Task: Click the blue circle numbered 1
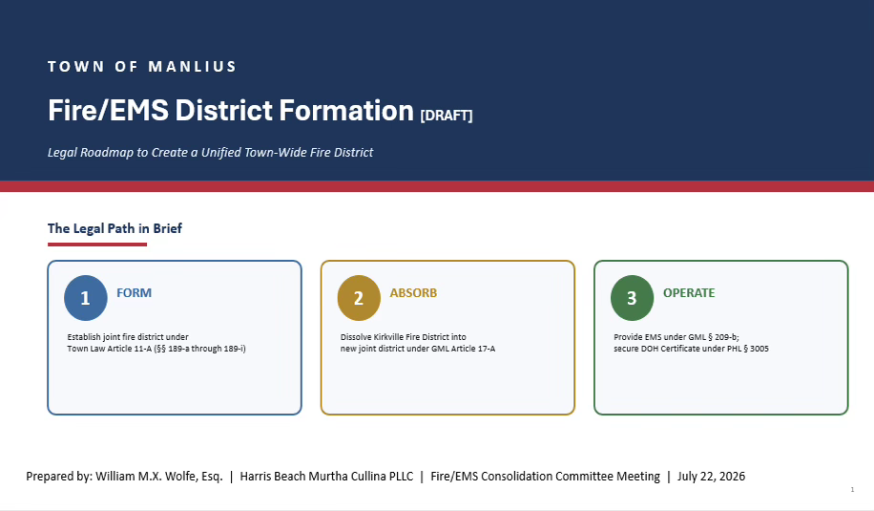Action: [x=85, y=298]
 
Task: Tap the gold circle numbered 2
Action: [x=359, y=298]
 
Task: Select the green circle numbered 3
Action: [x=632, y=298]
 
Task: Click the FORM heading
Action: [x=134, y=293]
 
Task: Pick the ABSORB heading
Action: [x=413, y=293]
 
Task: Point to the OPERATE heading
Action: [x=689, y=293]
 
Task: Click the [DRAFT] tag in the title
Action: [x=447, y=116]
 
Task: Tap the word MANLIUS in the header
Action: [x=193, y=67]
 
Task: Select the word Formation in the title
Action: [x=346, y=110]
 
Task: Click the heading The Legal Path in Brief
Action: [x=114, y=228]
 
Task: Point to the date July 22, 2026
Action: [x=711, y=477]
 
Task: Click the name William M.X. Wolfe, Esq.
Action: [x=158, y=477]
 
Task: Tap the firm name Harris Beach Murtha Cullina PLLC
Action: [x=326, y=477]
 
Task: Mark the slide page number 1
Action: [x=852, y=490]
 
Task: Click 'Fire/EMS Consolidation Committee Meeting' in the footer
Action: [x=545, y=477]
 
